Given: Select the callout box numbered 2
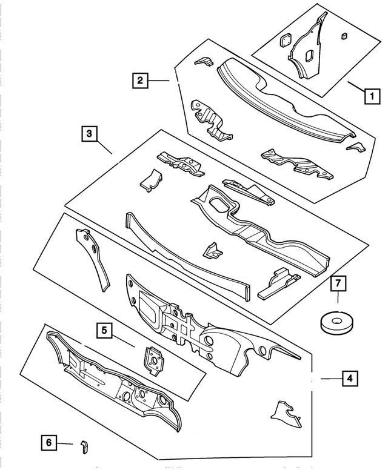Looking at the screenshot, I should (140, 80).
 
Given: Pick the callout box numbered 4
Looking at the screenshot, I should (349, 379).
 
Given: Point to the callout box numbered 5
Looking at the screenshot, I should (104, 330).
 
